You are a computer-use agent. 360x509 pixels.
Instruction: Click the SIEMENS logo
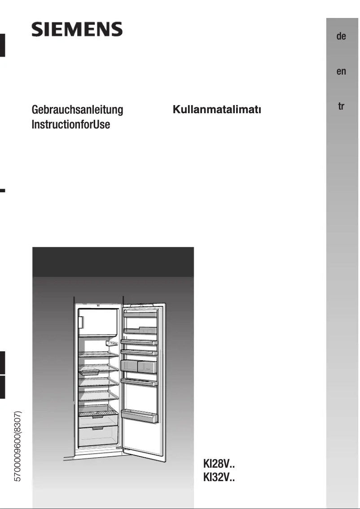point(77,30)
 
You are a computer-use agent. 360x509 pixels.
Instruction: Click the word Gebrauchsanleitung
point(77,110)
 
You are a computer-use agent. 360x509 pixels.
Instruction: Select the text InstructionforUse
point(70,124)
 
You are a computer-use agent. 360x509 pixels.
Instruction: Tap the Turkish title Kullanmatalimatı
point(217,110)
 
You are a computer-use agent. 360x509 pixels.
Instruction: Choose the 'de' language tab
point(341,36)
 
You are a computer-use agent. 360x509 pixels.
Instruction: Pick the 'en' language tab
point(341,71)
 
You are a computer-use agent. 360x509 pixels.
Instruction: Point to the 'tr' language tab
point(341,106)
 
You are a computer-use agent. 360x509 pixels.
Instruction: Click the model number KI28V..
point(219,464)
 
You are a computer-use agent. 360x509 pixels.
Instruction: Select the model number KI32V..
point(219,477)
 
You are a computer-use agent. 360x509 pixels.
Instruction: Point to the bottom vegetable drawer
point(98,436)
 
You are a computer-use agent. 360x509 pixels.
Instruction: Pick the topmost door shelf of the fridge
point(140,313)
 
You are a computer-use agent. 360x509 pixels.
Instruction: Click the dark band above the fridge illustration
point(113,261)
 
